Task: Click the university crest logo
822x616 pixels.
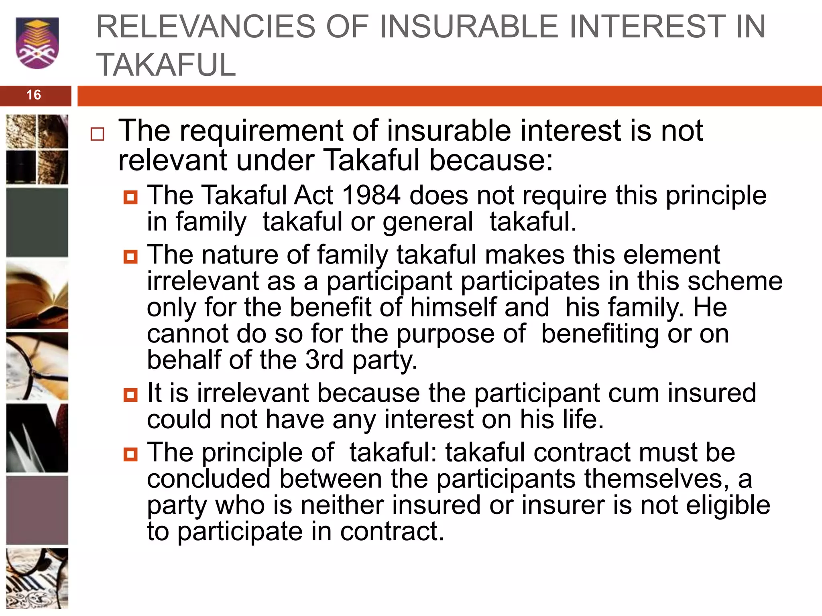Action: click(37, 43)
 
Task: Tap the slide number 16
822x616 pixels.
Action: click(34, 95)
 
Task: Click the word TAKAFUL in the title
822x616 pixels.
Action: click(166, 65)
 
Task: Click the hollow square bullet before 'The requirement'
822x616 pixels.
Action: click(97, 134)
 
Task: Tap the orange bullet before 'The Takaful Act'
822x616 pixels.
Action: click(130, 197)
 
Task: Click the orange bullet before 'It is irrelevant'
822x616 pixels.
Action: click(130, 395)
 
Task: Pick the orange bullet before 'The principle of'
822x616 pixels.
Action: click(130, 454)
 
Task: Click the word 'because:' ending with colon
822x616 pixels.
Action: click(491, 160)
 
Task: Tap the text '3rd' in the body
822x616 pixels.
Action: click(324, 360)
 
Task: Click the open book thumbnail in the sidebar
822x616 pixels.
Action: click(37, 295)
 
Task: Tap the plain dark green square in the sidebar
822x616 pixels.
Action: click(37, 222)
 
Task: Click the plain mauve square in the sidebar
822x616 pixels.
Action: click(37, 510)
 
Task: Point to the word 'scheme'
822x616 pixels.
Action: click(735, 281)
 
